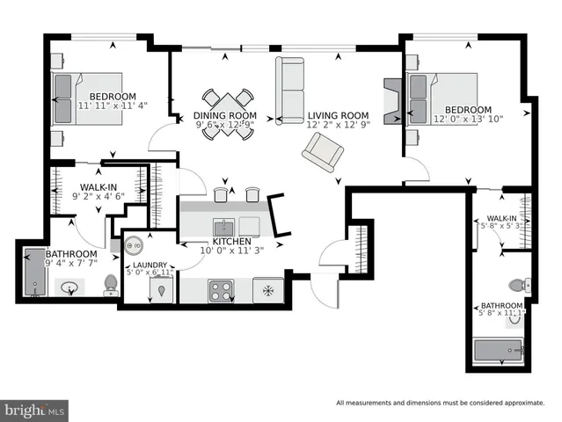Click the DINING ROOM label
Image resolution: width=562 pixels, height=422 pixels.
[225, 115]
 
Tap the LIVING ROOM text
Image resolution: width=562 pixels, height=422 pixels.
[337, 115]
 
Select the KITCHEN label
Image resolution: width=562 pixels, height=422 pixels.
[231, 241]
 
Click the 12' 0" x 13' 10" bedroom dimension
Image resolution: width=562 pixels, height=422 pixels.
[467, 120]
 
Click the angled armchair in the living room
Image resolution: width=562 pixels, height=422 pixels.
[323, 157]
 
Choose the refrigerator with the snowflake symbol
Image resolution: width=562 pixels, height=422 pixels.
[267, 289]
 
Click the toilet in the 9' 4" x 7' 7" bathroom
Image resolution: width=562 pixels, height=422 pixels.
[111, 284]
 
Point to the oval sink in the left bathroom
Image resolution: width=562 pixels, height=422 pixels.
[69, 287]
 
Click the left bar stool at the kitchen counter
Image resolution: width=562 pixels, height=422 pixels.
[221, 193]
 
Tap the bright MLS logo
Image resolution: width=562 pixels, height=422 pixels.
[35, 410]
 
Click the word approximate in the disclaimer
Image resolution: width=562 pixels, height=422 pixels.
[530, 404]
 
